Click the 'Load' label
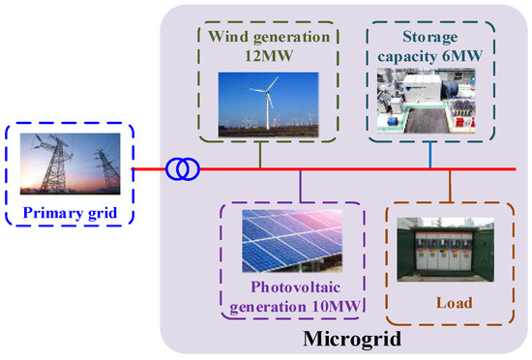pos(453,303)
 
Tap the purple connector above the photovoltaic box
pos(303,186)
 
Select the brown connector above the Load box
pos(450,186)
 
